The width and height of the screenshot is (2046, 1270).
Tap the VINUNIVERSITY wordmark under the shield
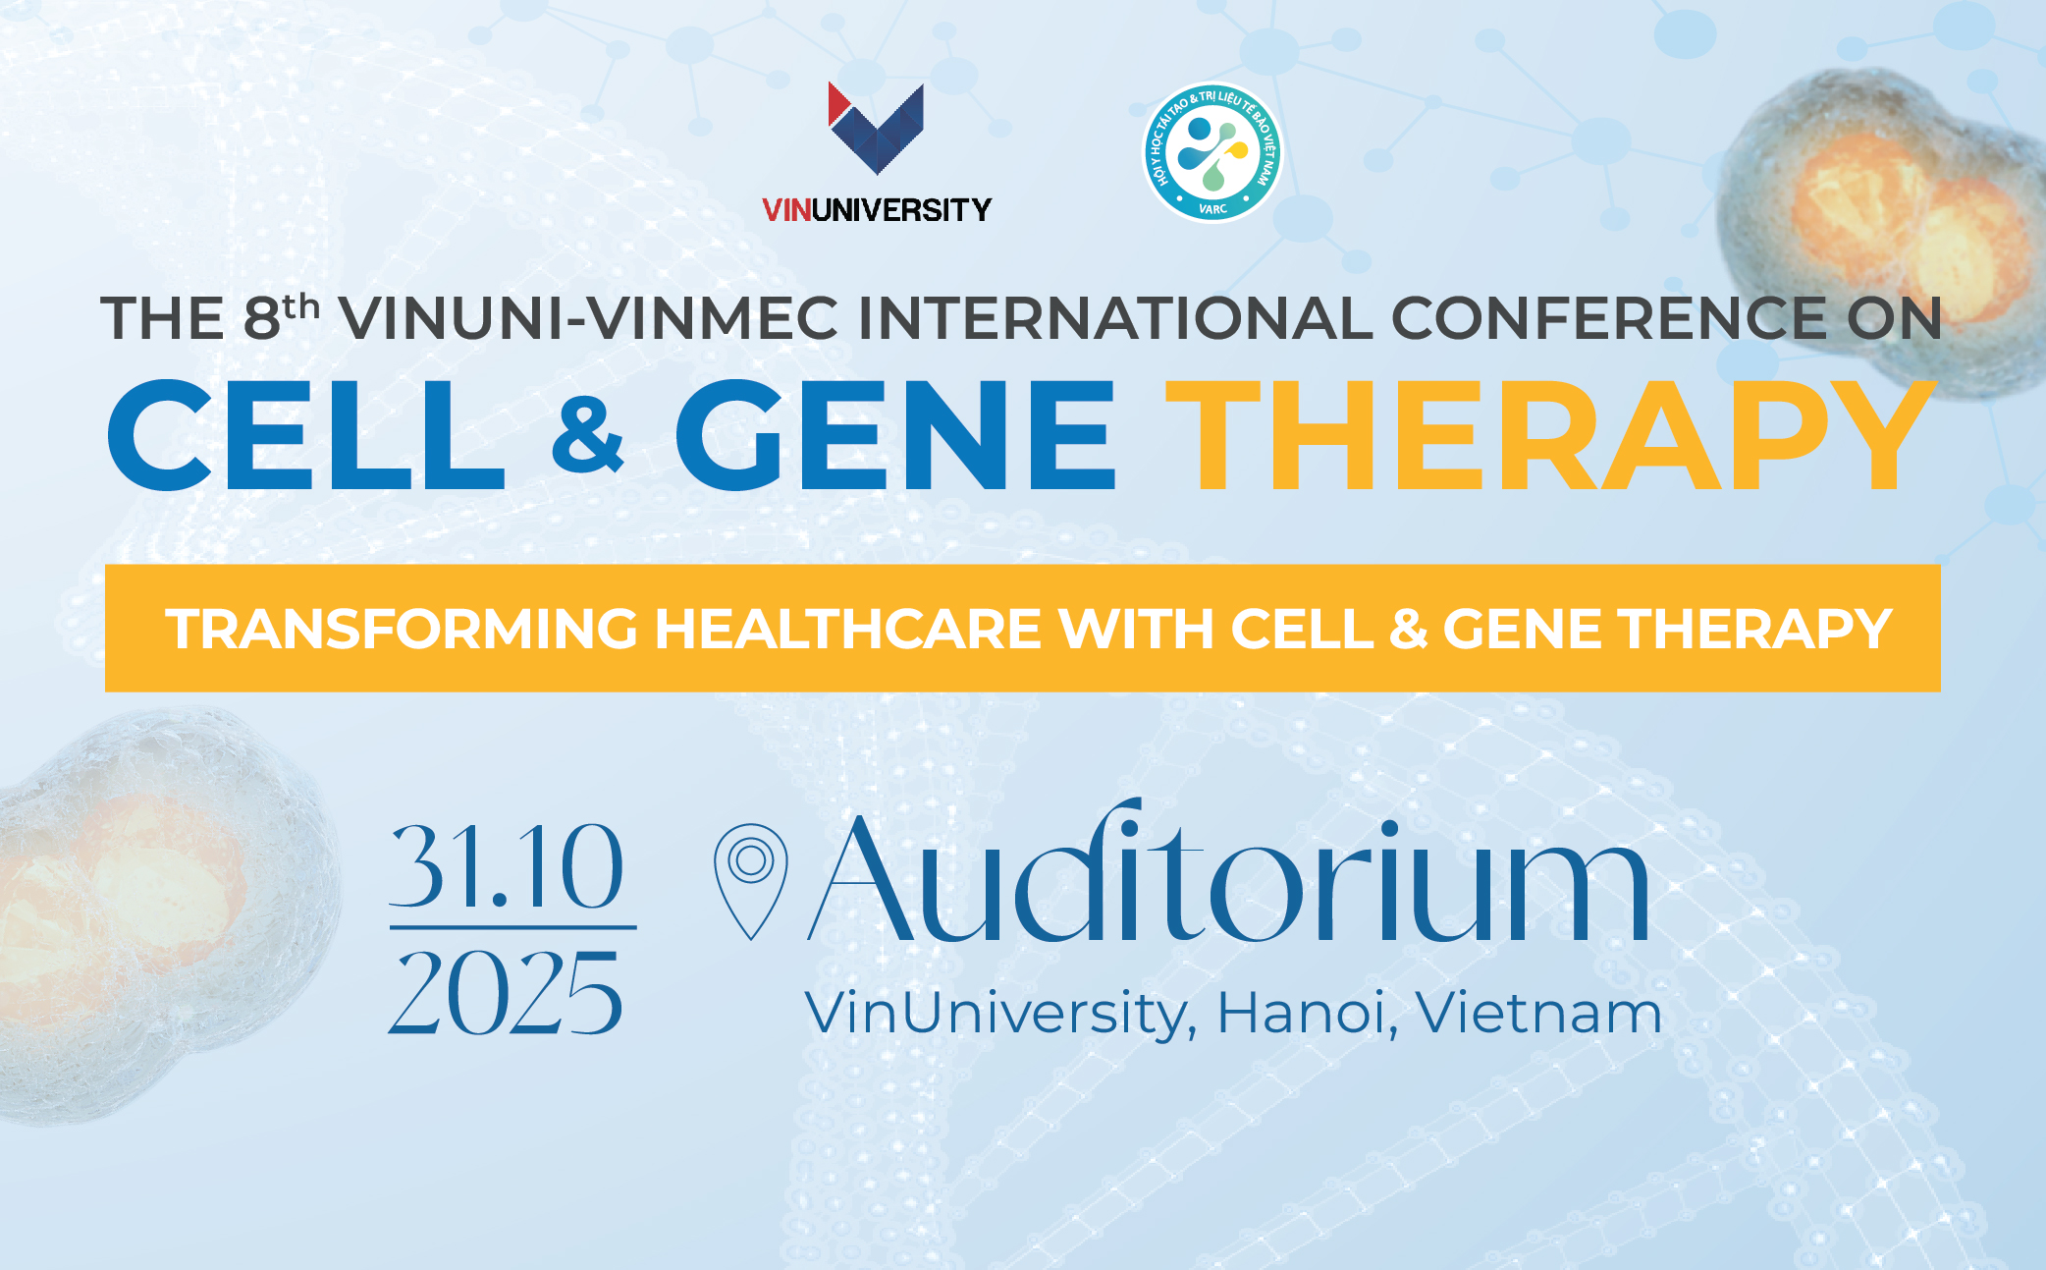(x=876, y=209)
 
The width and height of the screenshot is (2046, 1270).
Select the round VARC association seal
(x=1212, y=152)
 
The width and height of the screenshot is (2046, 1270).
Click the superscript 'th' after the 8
(x=301, y=306)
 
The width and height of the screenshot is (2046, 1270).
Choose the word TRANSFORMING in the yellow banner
(x=402, y=629)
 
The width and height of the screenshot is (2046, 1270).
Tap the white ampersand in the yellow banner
(x=1408, y=630)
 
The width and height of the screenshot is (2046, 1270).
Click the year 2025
(x=507, y=994)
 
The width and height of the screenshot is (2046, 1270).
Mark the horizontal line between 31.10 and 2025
(x=512, y=926)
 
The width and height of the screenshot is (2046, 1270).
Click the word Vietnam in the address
(x=1538, y=1013)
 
